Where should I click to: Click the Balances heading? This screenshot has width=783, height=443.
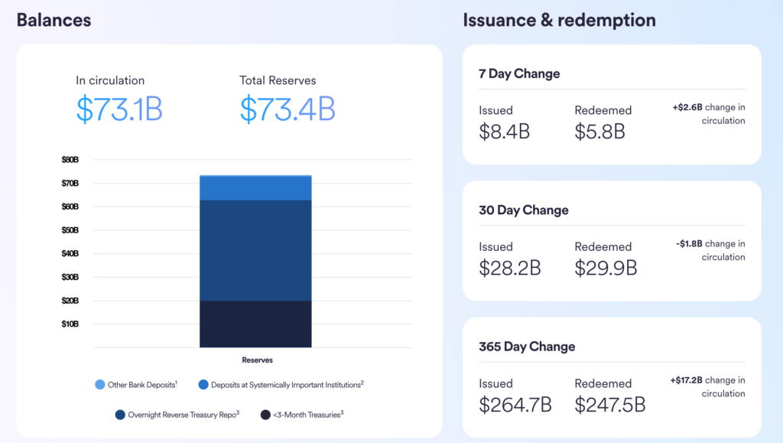(54, 20)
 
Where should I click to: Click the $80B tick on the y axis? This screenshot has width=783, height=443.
(70, 160)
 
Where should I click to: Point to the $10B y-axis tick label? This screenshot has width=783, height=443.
(70, 324)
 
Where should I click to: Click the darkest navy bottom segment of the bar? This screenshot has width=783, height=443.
(255, 324)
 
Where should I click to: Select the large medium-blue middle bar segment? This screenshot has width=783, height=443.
(255, 250)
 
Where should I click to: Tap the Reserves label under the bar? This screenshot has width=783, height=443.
(257, 360)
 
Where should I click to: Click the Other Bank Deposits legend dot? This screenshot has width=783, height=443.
(100, 384)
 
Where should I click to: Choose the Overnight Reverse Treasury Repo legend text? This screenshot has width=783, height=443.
(183, 415)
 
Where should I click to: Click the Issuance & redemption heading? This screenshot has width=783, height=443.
(559, 20)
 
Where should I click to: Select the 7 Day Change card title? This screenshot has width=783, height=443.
(519, 73)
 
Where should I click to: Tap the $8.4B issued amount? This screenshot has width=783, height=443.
(504, 132)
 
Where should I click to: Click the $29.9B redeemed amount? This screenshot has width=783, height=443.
(606, 268)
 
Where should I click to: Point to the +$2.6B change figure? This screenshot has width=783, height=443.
(687, 107)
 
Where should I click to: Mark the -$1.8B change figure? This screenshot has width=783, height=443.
(689, 244)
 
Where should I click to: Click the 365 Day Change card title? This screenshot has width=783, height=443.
(527, 347)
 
